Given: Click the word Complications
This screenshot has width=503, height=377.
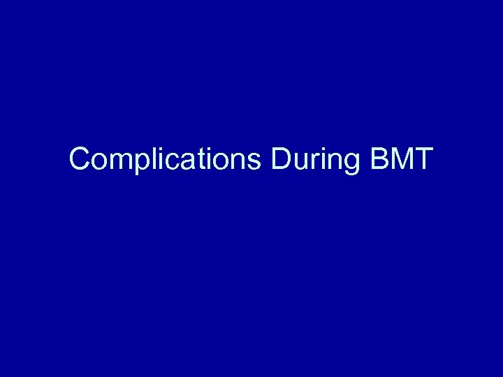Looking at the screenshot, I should (x=165, y=160).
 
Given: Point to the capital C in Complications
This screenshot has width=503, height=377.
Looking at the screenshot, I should (x=80, y=160).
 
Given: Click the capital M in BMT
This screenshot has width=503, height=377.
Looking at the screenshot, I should (x=399, y=160).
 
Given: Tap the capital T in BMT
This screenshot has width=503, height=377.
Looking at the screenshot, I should (x=423, y=160).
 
